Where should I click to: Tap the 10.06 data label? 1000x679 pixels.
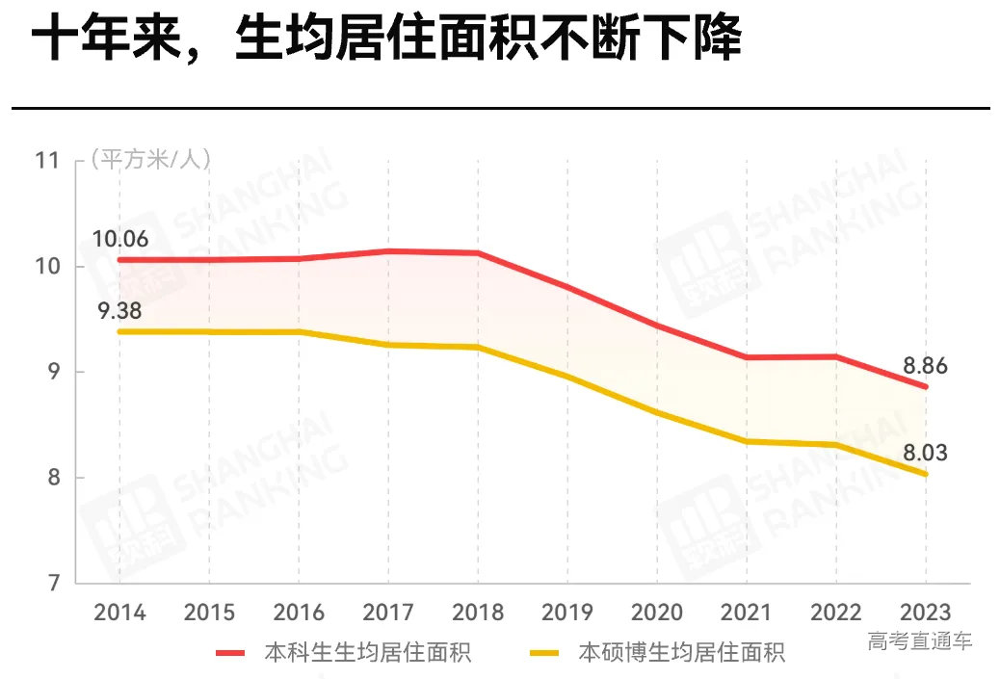120,239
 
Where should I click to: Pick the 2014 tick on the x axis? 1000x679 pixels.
119,613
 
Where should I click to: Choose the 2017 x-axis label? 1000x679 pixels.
388,613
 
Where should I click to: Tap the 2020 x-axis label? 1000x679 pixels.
657,613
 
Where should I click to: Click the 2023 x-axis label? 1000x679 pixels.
926,613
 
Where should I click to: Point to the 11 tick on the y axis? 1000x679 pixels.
47,161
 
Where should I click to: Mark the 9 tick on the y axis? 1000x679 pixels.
53,373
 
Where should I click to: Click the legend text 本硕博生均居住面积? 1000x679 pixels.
681,653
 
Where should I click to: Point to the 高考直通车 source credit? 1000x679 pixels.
919,640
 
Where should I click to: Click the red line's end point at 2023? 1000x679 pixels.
926,387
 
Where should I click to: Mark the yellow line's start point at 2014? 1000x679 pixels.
119,331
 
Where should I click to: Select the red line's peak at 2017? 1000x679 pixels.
388,251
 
